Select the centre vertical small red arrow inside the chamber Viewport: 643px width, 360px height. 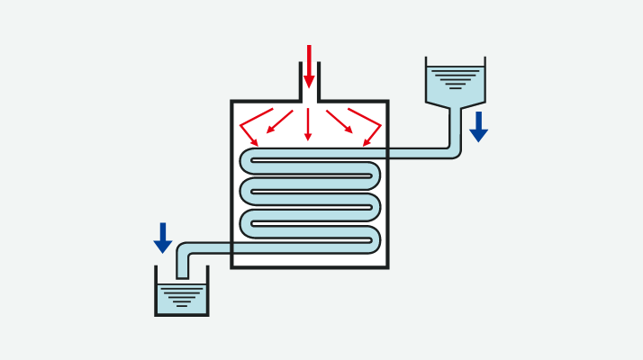click(308, 124)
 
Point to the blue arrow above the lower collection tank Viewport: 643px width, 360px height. click(163, 238)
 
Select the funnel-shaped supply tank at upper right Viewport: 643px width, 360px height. click(456, 85)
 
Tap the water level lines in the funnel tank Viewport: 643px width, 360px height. click(456, 79)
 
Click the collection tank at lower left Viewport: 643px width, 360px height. click(181, 296)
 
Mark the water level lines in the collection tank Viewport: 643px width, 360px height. click(181, 295)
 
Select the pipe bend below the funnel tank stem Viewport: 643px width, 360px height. click(454, 151)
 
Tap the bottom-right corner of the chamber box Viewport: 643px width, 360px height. click(386, 266)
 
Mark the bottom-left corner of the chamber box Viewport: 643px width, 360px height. click(232, 266)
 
